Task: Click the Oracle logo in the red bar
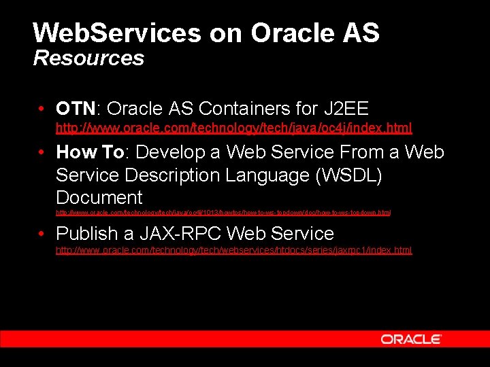click(411, 339)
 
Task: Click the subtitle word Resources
click(88, 58)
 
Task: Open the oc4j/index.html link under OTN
click(233, 128)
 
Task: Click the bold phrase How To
click(91, 152)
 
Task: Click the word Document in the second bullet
click(99, 198)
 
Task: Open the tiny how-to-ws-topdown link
click(223, 213)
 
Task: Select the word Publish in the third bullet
click(87, 234)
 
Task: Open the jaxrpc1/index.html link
click(233, 250)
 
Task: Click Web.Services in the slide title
click(117, 33)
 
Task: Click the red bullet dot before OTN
click(42, 109)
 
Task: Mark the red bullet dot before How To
click(42, 152)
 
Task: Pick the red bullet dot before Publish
click(42, 234)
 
